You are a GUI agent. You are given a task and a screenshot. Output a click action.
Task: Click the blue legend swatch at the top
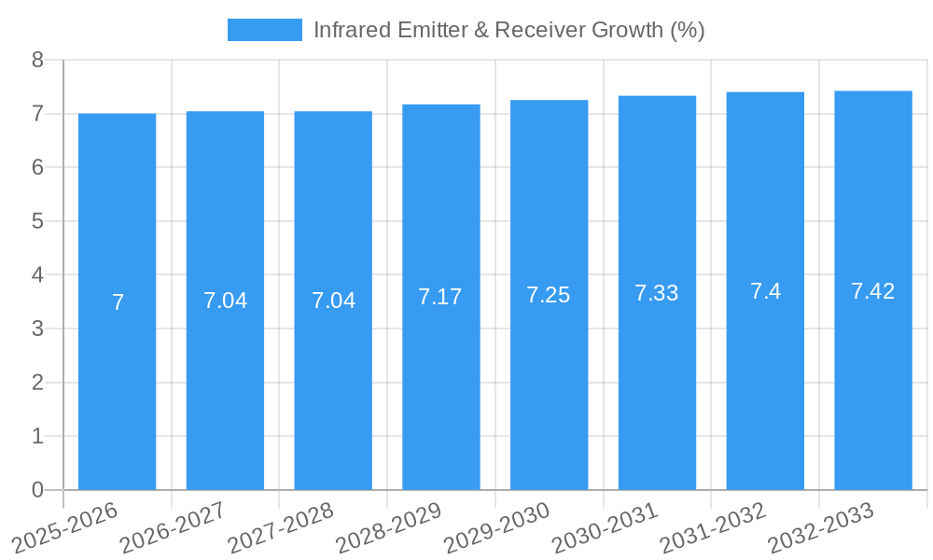click(264, 30)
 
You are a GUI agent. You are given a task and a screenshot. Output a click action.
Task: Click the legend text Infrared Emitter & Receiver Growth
click(508, 30)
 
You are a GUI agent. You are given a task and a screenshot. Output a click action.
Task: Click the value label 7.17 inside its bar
click(440, 297)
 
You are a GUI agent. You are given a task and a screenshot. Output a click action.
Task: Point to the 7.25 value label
click(549, 295)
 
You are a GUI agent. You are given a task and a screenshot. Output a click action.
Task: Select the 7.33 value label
click(657, 293)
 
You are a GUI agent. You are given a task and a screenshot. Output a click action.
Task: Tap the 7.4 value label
click(765, 291)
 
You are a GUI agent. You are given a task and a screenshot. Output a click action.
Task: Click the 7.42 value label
click(873, 291)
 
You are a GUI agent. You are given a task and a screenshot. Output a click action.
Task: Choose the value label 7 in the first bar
click(118, 302)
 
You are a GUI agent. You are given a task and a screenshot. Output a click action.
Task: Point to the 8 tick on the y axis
click(37, 60)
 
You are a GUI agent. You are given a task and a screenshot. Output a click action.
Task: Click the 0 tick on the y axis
click(37, 490)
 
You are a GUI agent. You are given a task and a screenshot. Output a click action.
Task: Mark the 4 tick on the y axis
click(37, 275)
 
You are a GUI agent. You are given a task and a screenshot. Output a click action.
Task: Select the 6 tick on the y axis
click(37, 168)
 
